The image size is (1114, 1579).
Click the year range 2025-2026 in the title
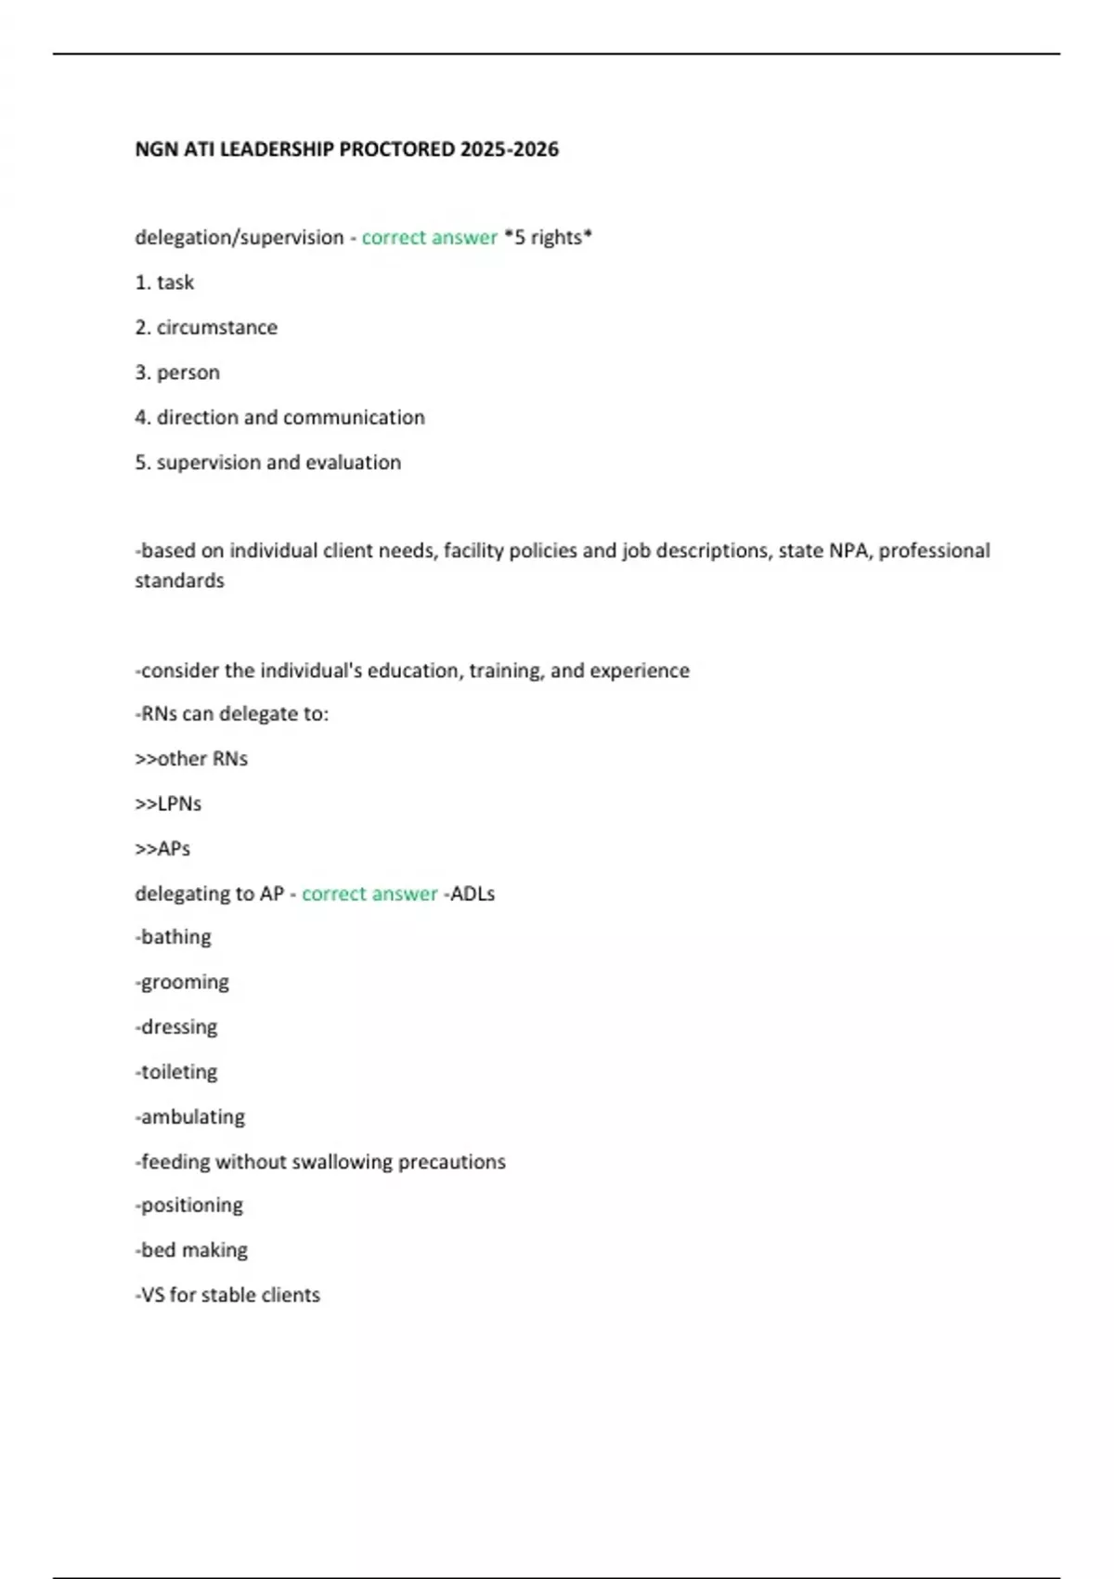[509, 150]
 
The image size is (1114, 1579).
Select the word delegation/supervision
[240, 238]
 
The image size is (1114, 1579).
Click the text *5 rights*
[548, 238]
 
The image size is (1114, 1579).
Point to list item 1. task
[164, 282]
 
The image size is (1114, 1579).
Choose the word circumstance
[216, 328]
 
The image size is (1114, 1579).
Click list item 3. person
[177, 372]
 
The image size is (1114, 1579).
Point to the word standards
[179, 581]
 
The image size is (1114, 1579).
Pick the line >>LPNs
[168, 803]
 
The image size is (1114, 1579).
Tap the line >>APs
[162, 849]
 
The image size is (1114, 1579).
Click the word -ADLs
[469, 894]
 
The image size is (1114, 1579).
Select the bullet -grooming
[182, 983]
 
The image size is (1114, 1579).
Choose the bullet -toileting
[176, 1072]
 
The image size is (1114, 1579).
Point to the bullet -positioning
[189, 1206]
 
